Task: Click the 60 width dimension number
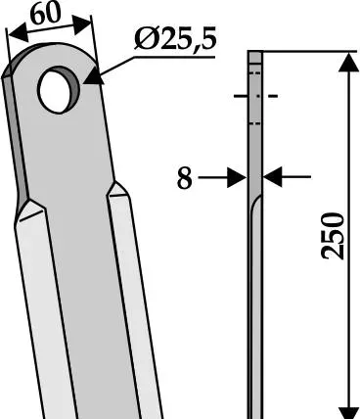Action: point(47,14)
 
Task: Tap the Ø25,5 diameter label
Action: point(175,39)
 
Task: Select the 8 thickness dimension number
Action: point(184,178)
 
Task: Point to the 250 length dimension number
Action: point(333,236)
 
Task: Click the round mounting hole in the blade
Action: point(58,90)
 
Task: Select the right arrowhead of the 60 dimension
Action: point(81,24)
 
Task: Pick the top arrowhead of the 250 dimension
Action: point(349,63)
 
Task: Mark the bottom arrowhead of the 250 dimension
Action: point(349,412)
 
